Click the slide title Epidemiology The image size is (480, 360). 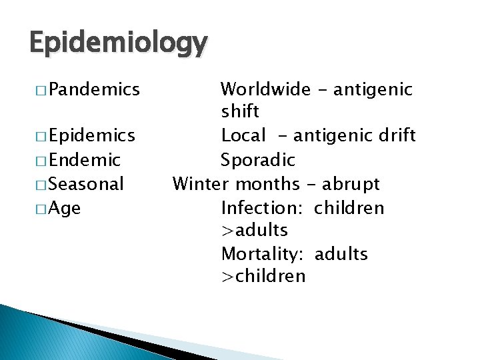tap(118, 43)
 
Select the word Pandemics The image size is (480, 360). tap(93, 89)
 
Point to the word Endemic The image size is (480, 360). tap(84, 160)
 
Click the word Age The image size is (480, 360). tap(65, 208)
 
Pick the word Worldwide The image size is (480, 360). tap(265, 89)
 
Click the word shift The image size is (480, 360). tap(240, 111)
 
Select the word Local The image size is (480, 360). tap(243, 135)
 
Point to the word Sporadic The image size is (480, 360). tap(258, 160)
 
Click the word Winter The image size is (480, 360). tap(199, 183)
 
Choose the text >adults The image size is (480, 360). tap(254, 231)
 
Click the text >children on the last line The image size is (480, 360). tap(263, 276)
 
